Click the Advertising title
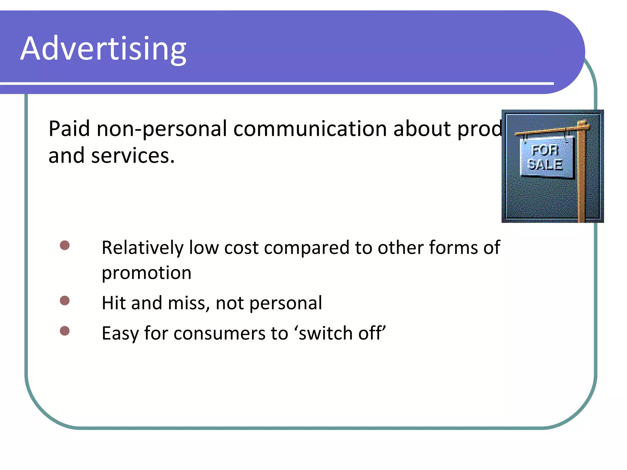103,49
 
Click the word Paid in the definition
69,129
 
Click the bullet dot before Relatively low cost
65,245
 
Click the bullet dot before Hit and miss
65,300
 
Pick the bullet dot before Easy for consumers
65,331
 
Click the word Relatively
142,248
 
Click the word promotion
146,273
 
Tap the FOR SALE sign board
547,157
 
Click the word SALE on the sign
546,165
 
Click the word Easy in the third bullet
120,334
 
